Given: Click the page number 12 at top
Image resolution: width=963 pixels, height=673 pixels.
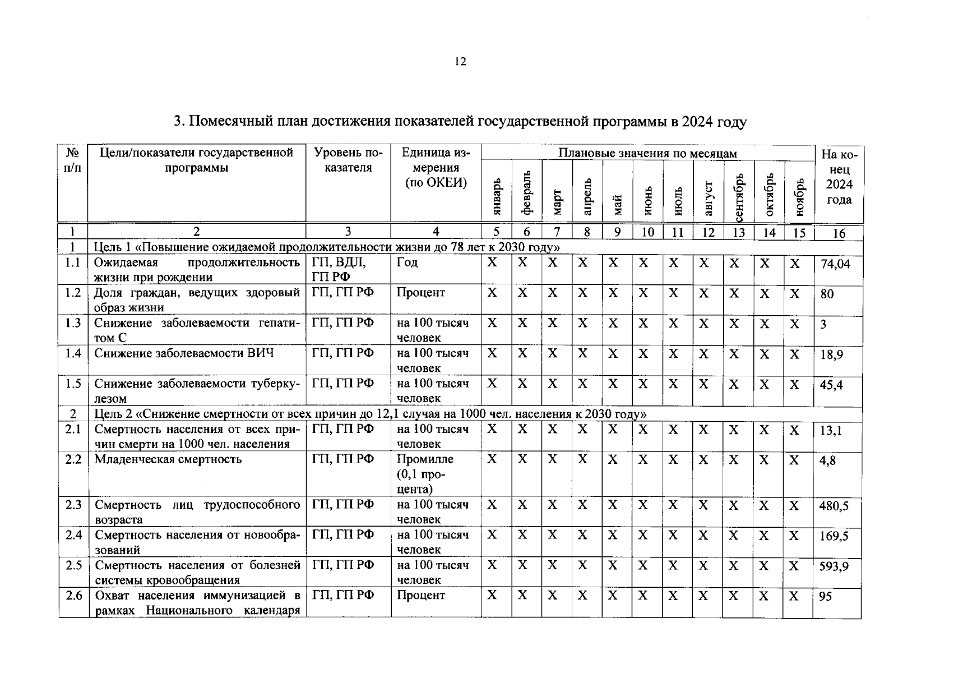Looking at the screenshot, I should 460,62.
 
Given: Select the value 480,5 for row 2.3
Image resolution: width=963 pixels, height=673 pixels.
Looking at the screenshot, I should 834,506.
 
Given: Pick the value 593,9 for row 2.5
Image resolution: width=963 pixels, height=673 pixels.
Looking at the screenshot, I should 834,567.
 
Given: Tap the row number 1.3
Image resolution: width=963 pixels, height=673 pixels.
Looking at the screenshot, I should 73,323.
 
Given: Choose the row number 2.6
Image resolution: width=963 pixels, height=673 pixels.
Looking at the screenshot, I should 73,596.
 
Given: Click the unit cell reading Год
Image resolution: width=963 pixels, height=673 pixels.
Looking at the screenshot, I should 407,262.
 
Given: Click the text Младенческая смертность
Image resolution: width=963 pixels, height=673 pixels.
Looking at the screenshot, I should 168,459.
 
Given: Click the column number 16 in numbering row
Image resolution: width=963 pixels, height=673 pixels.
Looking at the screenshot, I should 839,233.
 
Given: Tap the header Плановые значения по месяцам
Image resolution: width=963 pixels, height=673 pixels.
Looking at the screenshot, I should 647,153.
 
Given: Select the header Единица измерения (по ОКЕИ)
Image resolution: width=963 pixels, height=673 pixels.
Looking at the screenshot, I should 436,168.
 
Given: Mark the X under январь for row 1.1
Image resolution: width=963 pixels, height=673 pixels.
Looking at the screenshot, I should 492,262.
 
